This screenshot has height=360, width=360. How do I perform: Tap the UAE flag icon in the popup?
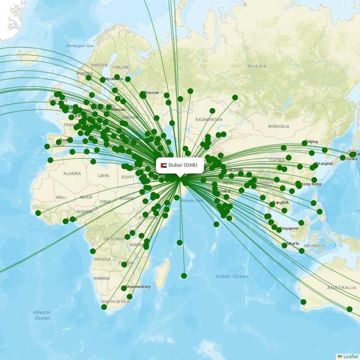tap(163, 165)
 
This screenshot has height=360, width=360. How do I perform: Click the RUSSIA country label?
tap(257, 66)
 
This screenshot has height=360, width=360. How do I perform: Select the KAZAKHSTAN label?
tap(209, 120)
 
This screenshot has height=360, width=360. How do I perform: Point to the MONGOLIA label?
tap(279, 126)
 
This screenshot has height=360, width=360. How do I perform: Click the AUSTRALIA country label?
tap(342, 288)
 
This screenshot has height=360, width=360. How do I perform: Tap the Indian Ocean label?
tap(232, 276)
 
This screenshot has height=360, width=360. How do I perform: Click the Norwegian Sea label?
tap(80, 46)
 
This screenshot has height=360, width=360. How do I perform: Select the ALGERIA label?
tap(72, 174)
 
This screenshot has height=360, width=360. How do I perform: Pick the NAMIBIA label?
tap(101, 279)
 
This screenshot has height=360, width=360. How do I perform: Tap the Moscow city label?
tap(152, 93)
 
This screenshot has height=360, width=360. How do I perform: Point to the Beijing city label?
tap(311, 142)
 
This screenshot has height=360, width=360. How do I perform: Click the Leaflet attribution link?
tap(350, 356)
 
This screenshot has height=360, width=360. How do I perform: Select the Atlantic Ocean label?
tap(42, 315)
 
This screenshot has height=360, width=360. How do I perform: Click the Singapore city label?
tap(288, 229)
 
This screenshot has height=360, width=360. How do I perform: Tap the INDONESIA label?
tap(314, 246)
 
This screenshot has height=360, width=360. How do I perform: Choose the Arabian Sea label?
tap(192, 201)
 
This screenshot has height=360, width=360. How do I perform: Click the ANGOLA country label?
tap(103, 259)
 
